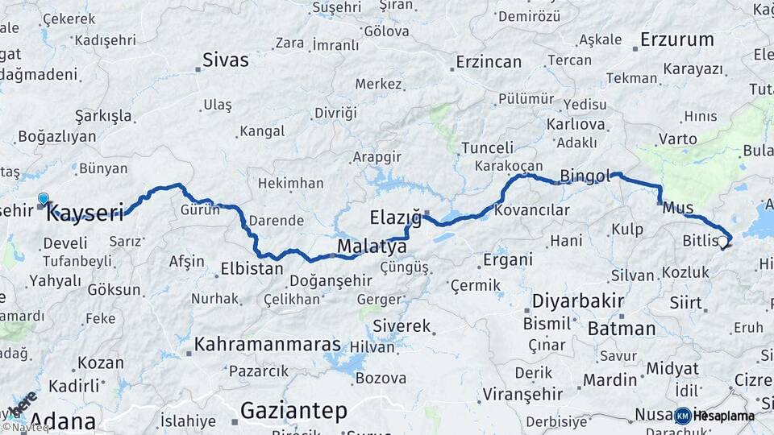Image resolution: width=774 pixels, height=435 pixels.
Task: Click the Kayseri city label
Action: [x=85, y=213]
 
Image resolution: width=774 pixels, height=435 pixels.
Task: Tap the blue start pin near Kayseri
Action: [x=43, y=198]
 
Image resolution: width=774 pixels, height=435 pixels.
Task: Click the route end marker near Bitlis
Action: [x=724, y=241]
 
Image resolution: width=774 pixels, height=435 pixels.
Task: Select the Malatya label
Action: [x=372, y=246]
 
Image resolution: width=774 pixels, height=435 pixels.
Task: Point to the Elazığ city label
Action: [x=395, y=217]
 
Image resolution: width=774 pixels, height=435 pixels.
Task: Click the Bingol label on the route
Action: [x=587, y=176]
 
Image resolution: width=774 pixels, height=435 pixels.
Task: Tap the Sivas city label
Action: [x=226, y=60]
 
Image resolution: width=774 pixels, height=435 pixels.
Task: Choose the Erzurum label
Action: [x=677, y=39]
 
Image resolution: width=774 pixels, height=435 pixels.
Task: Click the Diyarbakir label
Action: [x=578, y=302]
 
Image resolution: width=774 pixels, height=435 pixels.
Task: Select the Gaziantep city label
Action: [x=294, y=412]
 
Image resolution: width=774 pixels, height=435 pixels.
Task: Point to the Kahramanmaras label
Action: [x=268, y=344]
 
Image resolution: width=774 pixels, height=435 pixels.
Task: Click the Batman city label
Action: [x=621, y=328]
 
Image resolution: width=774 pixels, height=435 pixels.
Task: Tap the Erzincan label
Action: [x=489, y=61]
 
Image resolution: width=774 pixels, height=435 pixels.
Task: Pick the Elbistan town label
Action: [x=252, y=268]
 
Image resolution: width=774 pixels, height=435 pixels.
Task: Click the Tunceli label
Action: [x=487, y=147]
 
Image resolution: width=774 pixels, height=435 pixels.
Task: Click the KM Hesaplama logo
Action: [x=715, y=416]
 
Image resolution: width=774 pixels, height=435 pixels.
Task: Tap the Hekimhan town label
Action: [x=290, y=183]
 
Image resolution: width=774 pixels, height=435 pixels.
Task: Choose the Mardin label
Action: [x=610, y=379]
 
